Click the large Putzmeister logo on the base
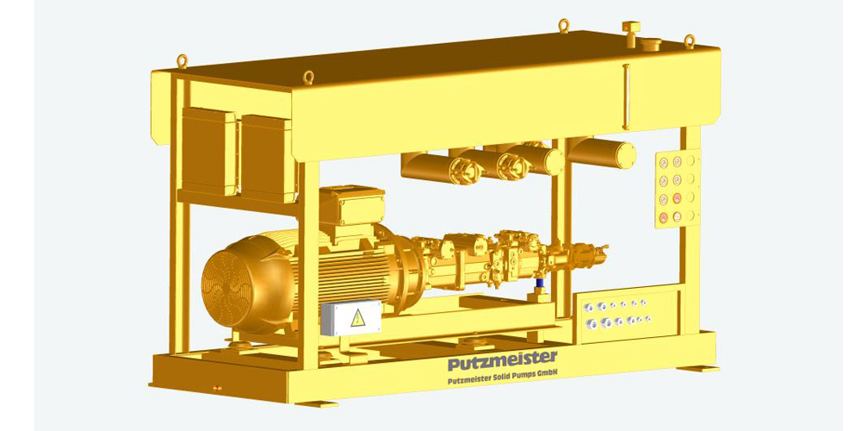tap(503, 357)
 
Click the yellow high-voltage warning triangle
tap(356, 318)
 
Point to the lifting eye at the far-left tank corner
tap(182, 60)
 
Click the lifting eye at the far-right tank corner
tap(689, 40)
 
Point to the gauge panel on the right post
tap(677, 189)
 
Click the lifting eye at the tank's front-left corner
tap(306, 76)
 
